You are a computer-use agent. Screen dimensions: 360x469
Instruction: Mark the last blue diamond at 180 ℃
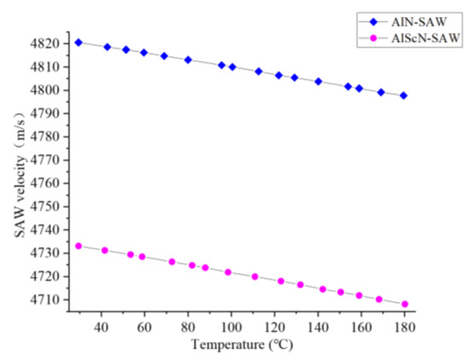pyautogui.click(x=403, y=96)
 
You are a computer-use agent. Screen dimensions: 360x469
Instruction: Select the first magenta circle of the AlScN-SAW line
pyautogui.click(x=78, y=246)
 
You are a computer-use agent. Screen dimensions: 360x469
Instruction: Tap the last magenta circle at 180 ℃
pyautogui.click(x=405, y=304)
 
